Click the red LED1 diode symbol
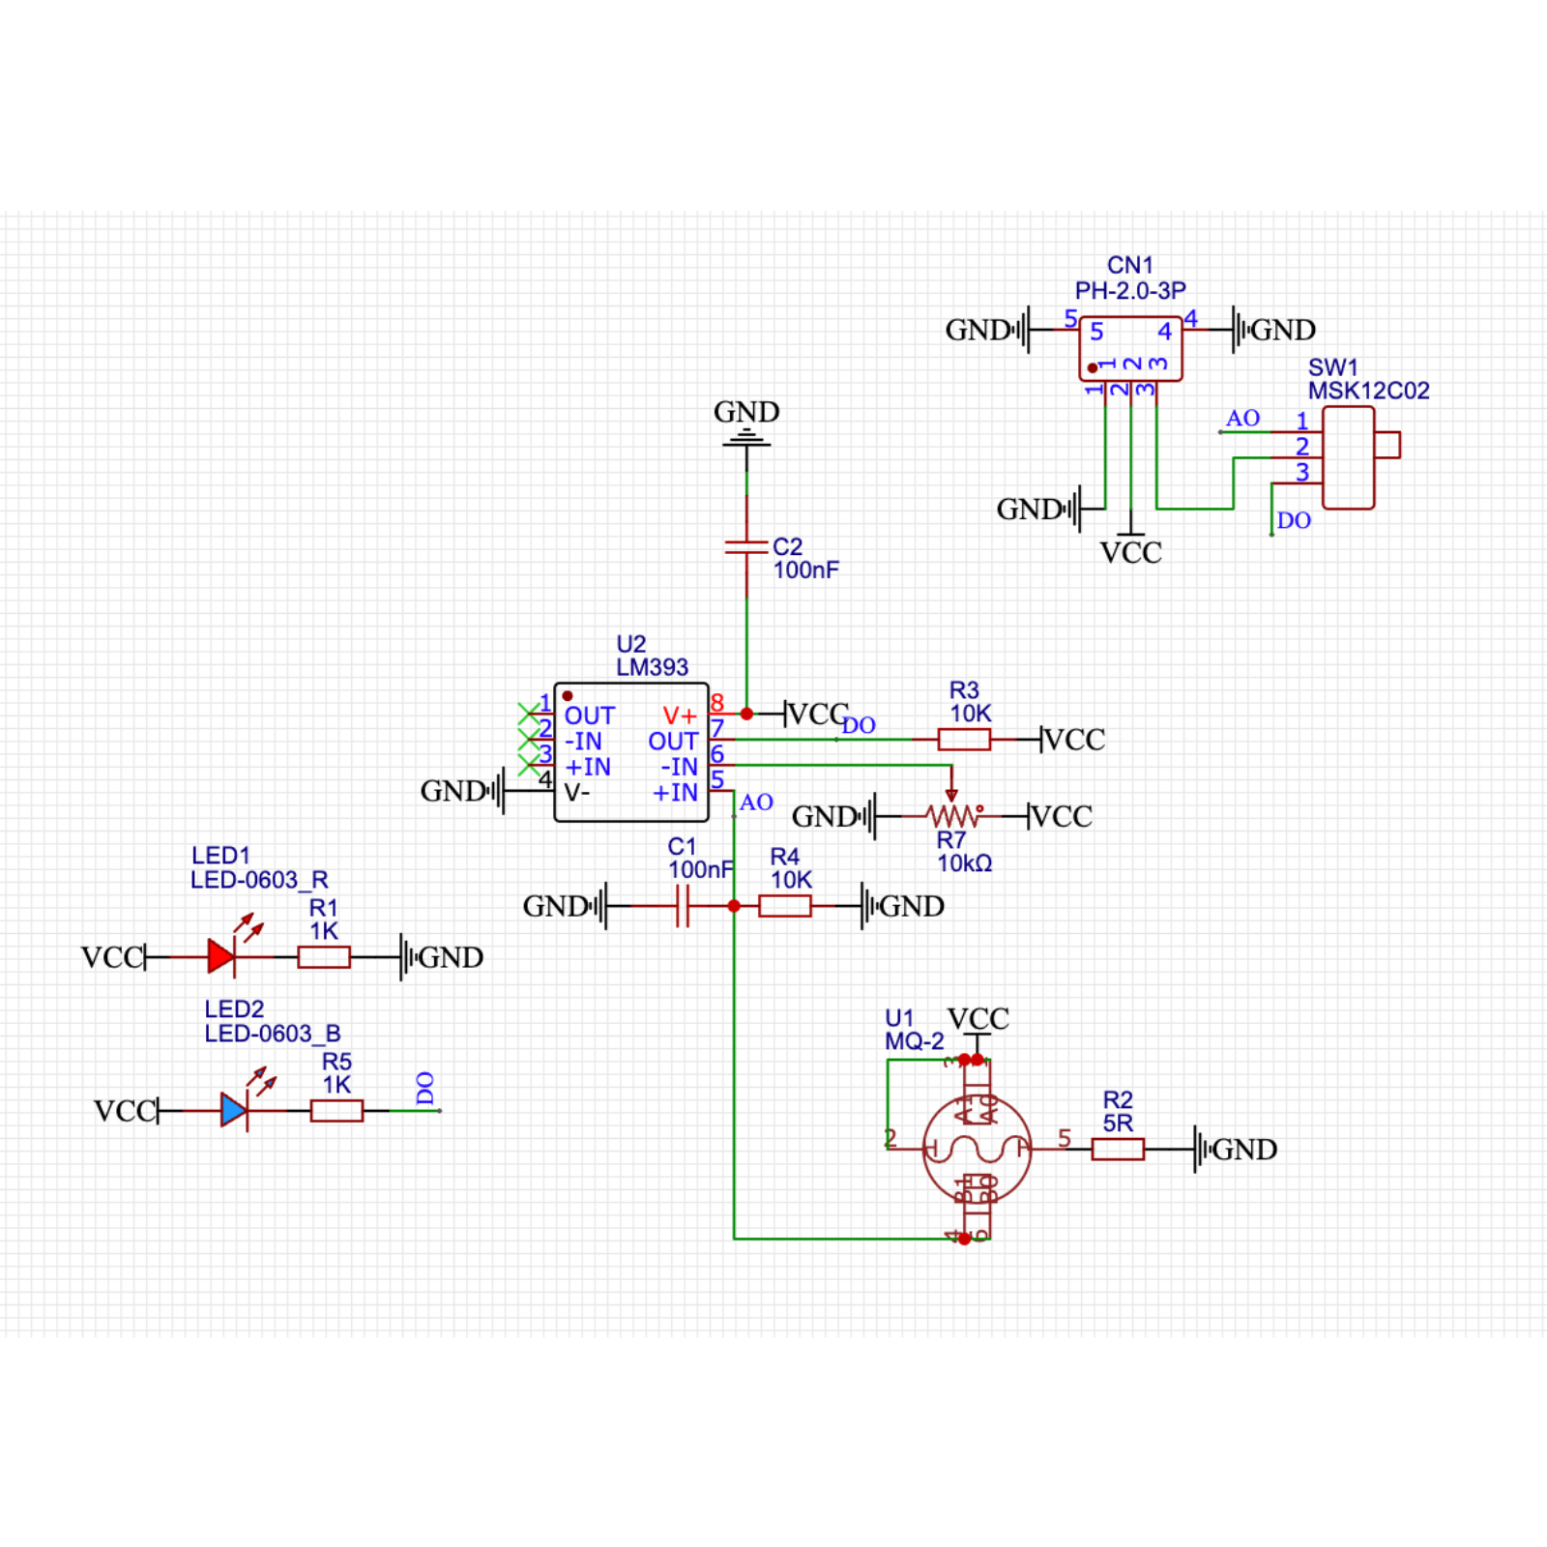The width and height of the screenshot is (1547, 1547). pos(221,957)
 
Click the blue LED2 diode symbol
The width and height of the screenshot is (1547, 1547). pos(234,1110)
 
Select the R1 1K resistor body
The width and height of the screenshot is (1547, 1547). pos(324,957)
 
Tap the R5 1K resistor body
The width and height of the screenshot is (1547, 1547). pos(336,1111)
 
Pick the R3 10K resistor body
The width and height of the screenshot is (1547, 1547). pos(964,740)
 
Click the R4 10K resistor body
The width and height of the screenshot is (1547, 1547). pos(785,906)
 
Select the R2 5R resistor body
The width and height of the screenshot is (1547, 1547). pos(1118,1149)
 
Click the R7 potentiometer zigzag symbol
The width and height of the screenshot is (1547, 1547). pos(952,816)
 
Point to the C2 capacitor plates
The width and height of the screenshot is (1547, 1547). pos(746,547)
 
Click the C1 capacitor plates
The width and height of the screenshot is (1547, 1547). pos(683,906)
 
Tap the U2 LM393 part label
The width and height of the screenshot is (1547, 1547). pos(652,667)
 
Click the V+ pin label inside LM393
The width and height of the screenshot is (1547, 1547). pos(680,716)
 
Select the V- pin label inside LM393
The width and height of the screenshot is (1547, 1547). pos(577,793)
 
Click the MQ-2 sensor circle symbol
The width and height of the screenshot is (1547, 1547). pos(977,1149)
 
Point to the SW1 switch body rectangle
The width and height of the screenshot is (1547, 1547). pos(1348,457)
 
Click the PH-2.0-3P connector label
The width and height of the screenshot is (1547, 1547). pos(1130,290)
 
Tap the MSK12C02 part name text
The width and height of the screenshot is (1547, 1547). pos(1368,391)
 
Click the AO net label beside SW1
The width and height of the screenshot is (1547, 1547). pos(1242,418)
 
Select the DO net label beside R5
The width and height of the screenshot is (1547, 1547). pos(425,1088)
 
